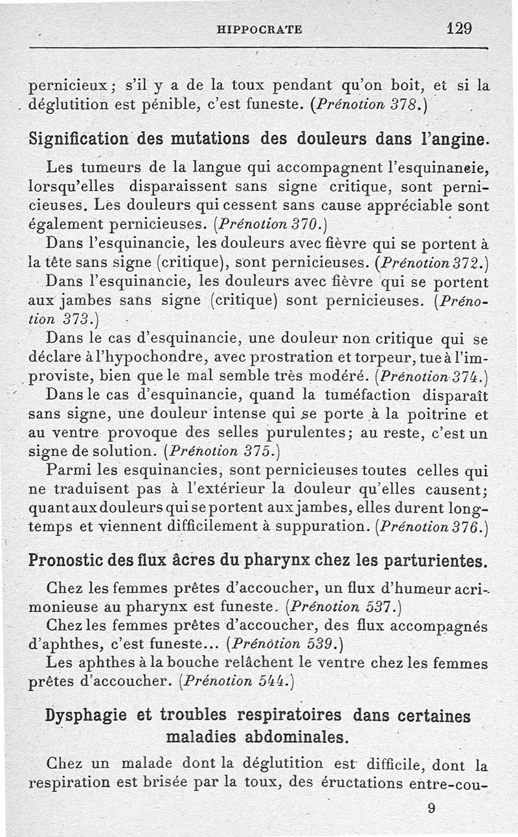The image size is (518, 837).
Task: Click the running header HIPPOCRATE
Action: (260, 29)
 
